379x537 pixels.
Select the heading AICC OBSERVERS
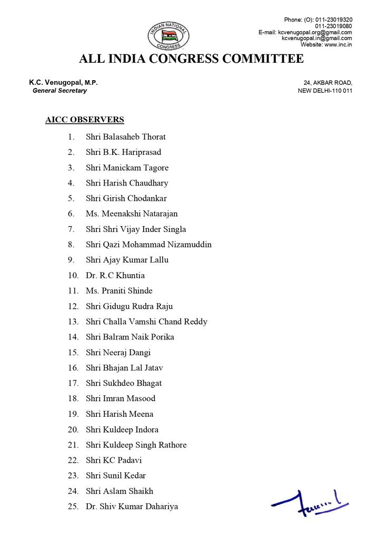click(85, 120)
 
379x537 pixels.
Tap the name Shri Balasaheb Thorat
click(126, 137)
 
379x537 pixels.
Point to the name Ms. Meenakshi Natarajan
click(132, 214)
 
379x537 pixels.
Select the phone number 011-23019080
click(334, 26)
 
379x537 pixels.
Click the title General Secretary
click(59, 91)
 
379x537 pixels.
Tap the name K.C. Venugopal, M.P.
click(63, 83)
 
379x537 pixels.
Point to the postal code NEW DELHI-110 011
click(325, 91)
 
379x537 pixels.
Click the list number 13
click(73, 322)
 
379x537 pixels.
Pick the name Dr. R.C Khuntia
click(115, 276)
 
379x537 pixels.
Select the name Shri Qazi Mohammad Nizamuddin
click(148, 245)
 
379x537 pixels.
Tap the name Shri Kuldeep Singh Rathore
click(136, 445)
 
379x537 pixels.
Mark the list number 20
click(73, 429)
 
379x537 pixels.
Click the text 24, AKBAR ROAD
click(328, 83)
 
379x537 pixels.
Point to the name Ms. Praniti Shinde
click(120, 291)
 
